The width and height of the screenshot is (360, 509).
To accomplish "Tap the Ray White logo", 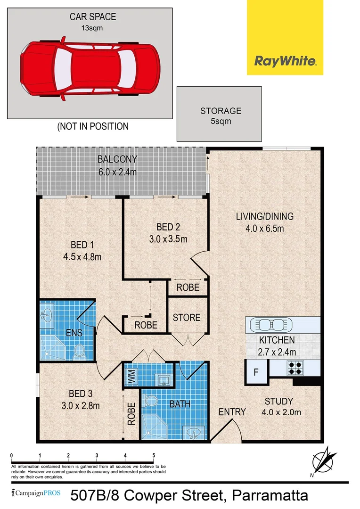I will [285, 37].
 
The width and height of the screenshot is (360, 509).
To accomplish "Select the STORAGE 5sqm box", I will [219, 114].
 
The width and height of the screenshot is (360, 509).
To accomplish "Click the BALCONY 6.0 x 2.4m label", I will [117, 165].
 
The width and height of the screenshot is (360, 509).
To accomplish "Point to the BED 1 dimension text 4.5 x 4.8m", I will [82, 257].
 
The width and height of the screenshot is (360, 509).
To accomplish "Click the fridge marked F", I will [256, 372].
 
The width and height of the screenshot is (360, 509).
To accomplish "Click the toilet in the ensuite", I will [80, 351].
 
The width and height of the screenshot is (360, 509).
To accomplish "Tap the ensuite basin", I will [47, 315].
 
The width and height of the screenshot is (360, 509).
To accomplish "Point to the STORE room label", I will [187, 317].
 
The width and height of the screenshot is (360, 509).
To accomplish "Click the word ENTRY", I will [232, 412].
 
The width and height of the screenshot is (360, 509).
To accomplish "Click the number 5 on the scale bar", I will [154, 455].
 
